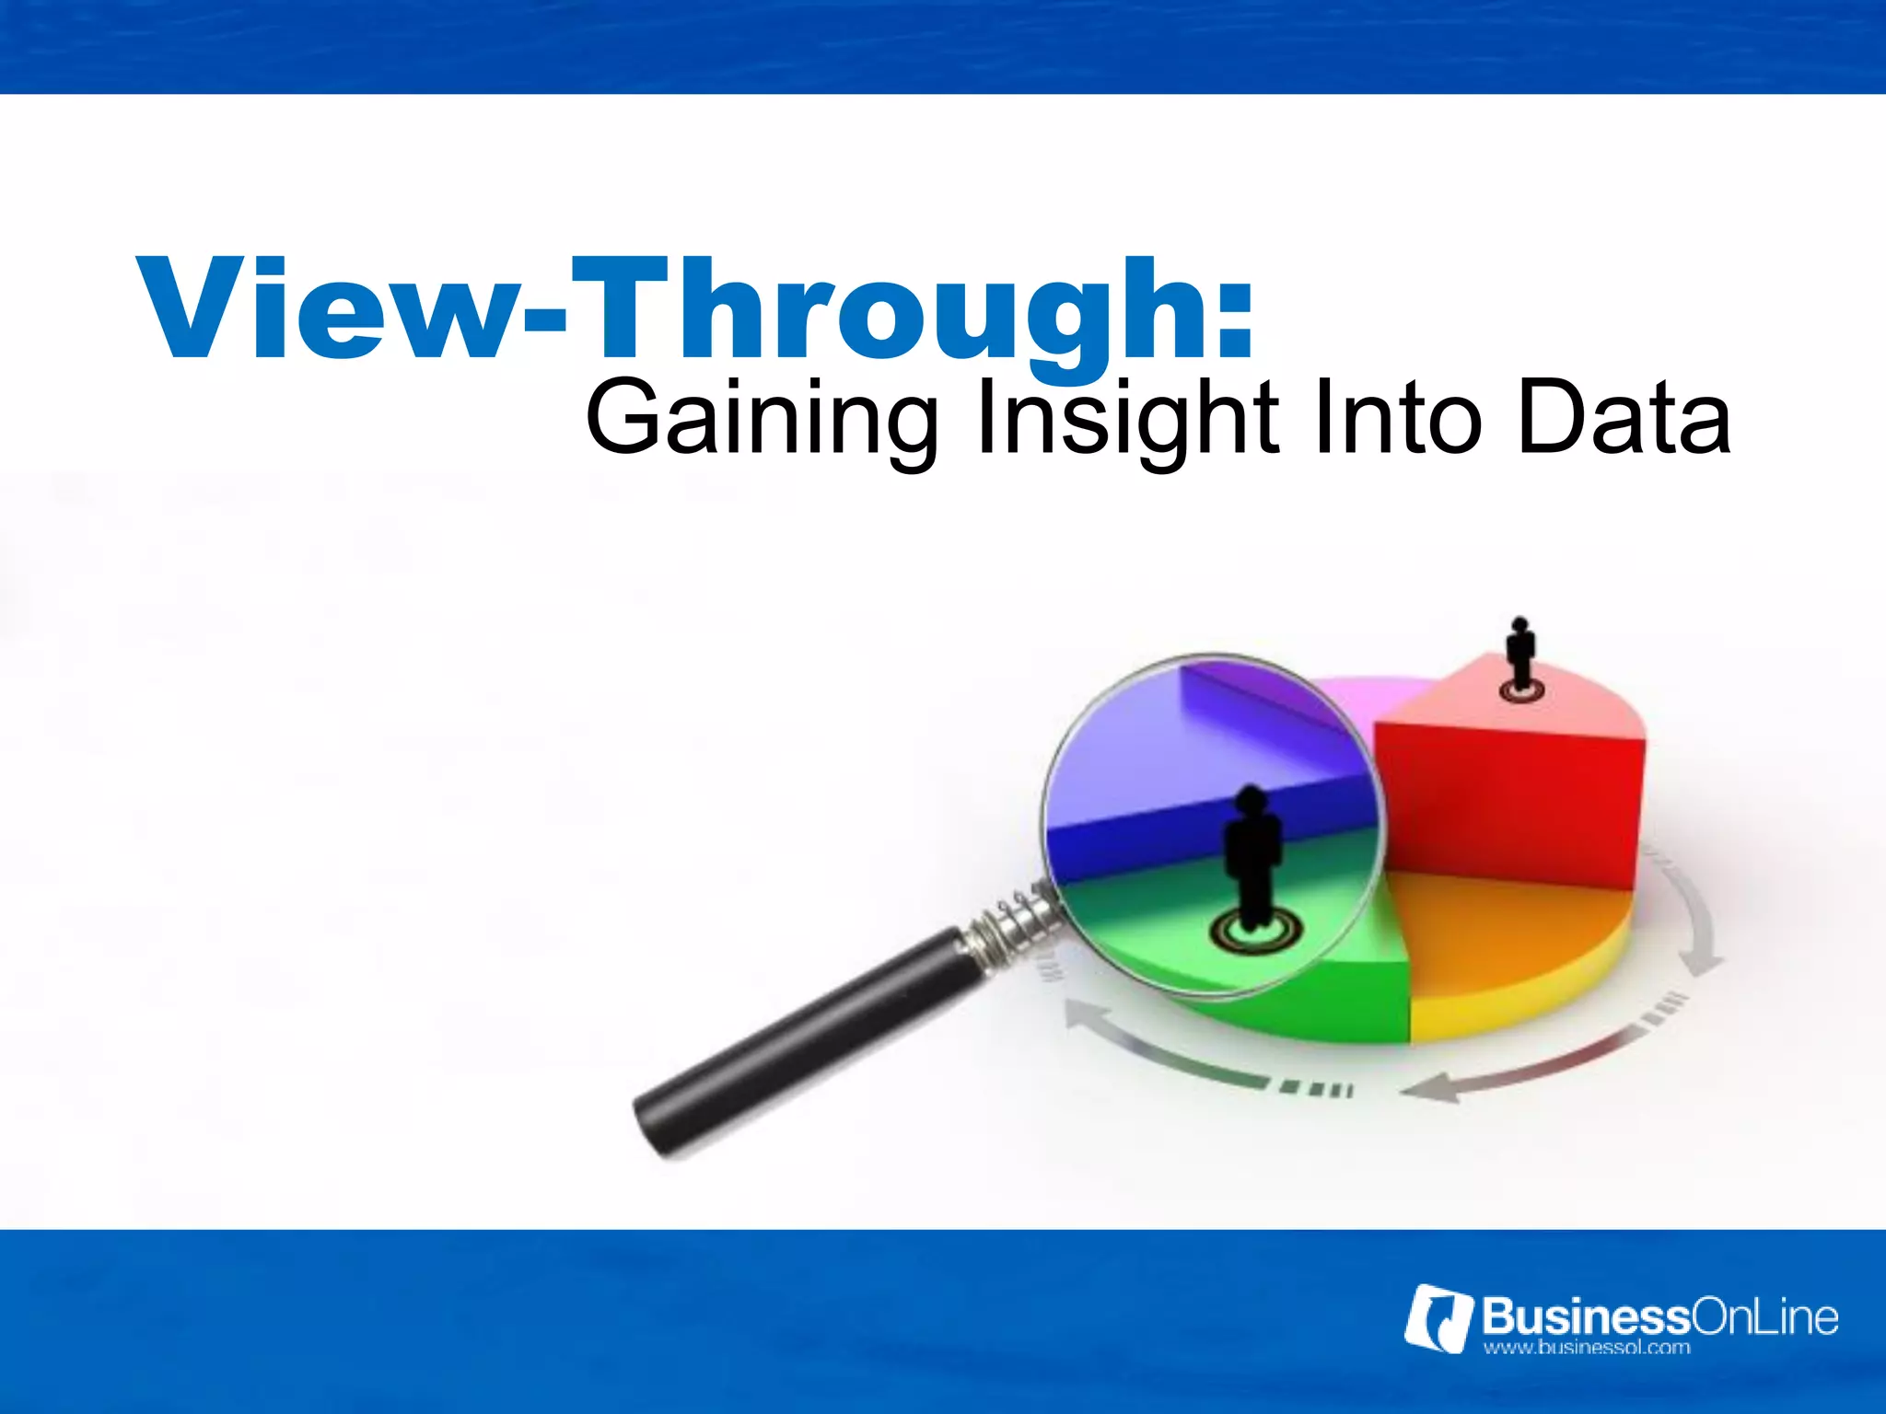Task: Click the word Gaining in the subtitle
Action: click(761, 420)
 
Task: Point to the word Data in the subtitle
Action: click(1623, 420)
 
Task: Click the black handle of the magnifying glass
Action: click(801, 1040)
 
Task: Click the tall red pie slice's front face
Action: click(1510, 801)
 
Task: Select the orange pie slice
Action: click(1510, 930)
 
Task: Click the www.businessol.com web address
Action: click(1586, 1349)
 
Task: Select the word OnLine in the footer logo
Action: click(1764, 1316)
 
